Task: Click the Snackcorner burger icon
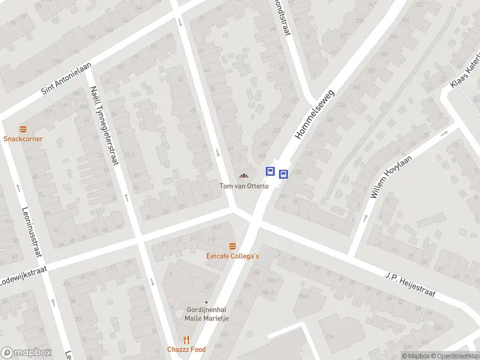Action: pos(23,129)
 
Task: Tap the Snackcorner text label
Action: pos(23,139)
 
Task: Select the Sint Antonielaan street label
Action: pos(66,79)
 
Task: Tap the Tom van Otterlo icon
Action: pos(244,175)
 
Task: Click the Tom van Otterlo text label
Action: pos(244,185)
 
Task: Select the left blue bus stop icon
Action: pos(271,172)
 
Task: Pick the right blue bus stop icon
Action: pos(283,175)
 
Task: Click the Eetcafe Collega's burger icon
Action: pos(232,246)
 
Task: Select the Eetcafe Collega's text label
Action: pos(232,256)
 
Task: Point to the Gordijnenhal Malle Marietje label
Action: pos(206,314)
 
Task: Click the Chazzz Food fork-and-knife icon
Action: pos(186,340)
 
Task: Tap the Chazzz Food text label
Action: pos(186,349)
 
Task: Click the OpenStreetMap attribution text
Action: pos(454,356)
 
